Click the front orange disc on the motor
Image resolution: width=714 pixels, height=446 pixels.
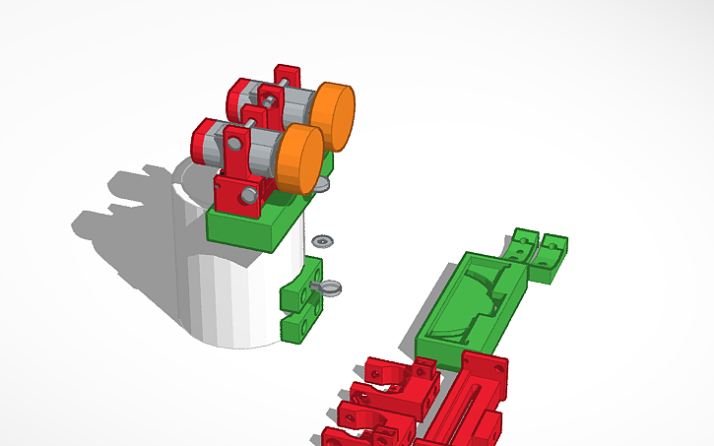pos(300,155)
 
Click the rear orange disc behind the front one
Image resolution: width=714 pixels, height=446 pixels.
pos(334,112)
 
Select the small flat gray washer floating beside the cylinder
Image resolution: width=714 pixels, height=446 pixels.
pos(322,240)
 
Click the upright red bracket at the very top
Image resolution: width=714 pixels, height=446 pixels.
pos(288,79)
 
